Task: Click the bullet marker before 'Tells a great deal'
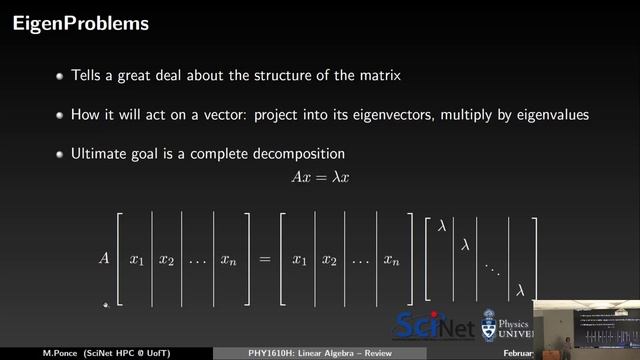tap(60, 76)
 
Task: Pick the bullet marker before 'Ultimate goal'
tap(60, 154)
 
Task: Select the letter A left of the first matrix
tap(103, 258)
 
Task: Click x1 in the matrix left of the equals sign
tap(137, 260)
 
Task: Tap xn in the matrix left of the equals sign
tap(231, 260)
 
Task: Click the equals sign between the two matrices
tap(264, 259)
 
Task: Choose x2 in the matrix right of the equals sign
tap(329, 260)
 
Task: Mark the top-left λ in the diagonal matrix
tap(441, 226)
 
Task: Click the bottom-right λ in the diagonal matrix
tap(520, 290)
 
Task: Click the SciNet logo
tap(436, 325)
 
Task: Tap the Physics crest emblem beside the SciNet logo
tap(489, 325)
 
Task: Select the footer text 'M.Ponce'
tap(33, 353)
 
